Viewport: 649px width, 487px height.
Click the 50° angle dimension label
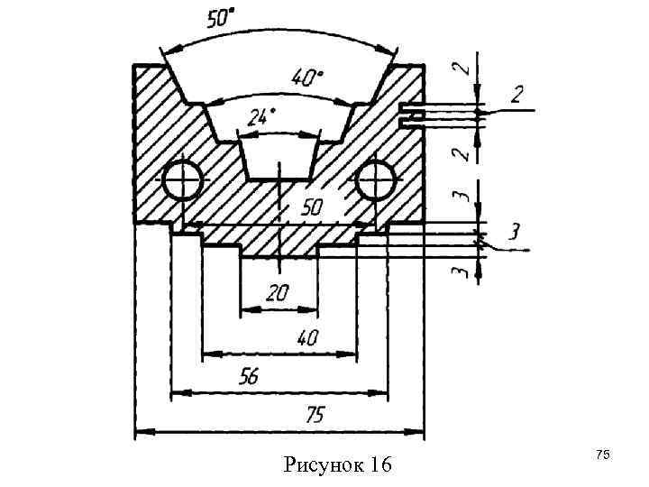(220, 19)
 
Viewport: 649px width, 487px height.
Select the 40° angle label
(307, 78)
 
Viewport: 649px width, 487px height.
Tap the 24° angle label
(261, 117)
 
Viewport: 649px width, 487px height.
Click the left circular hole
(182, 180)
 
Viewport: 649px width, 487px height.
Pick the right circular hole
(375, 180)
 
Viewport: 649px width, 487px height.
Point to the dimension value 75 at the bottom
(315, 415)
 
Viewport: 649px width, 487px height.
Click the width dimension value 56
(249, 376)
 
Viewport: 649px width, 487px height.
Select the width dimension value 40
(307, 338)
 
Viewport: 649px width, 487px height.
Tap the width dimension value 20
(277, 293)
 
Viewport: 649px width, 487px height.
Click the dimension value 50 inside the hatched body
(311, 207)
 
